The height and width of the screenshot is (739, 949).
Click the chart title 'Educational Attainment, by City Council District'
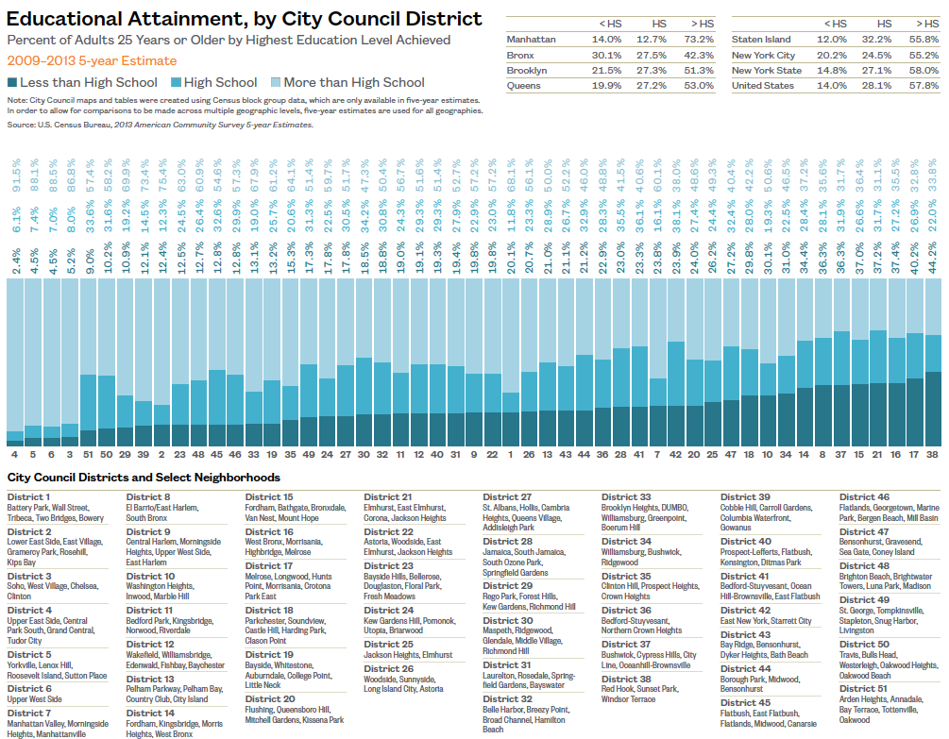click(x=245, y=19)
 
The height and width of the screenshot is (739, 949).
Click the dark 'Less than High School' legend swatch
click(x=12, y=83)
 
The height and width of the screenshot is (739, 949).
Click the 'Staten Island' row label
click(x=760, y=40)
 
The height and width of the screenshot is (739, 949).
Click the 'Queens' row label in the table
click(x=524, y=85)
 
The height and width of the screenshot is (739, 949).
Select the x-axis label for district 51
click(x=88, y=454)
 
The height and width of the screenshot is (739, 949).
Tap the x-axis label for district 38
click(x=933, y=454)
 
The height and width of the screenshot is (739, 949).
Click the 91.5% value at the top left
click(x=16, y=176)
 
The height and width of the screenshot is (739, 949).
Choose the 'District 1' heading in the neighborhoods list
click(x=28, y=496)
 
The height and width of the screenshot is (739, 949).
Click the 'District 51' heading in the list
click(x=863, y=688)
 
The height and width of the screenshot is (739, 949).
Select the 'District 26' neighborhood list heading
click(x=388, y=669)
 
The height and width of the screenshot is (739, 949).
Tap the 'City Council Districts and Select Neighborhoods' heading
click(x=144, y=478)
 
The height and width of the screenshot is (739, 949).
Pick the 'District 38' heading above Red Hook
click(x=626, y=679)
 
